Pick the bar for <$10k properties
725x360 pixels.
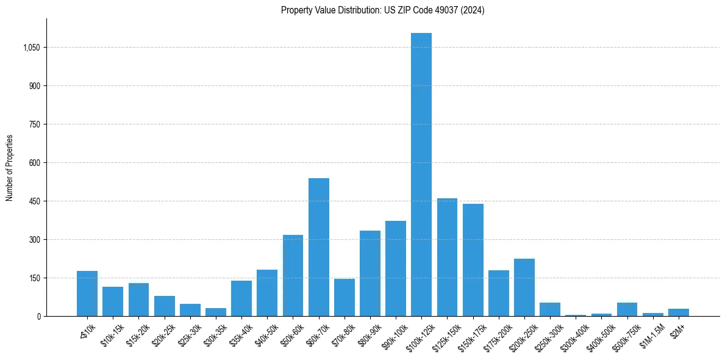pos(87,293)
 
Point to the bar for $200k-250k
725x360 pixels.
pos(524,287)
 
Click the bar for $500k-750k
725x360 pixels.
pos(627,309)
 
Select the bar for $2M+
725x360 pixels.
pos(678,312)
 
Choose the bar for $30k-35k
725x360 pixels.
pos(216,312)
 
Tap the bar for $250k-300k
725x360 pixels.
pos(550,309)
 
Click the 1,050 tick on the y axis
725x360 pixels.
pos(30,48)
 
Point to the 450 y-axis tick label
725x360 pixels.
pos(34,201)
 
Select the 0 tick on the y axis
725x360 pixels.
pos(38,317)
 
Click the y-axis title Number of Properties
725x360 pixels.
pos(10,168)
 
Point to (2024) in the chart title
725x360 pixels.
pos(473,10)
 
